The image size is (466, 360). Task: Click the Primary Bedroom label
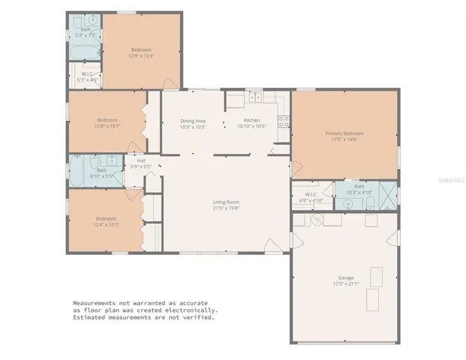344,133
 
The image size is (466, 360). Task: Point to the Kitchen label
252,120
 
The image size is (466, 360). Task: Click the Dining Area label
193,120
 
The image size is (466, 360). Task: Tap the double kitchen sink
255,97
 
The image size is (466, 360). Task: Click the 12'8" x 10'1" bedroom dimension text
107,127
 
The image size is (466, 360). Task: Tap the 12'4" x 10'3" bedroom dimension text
107,224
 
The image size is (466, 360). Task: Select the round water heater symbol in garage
317,220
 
